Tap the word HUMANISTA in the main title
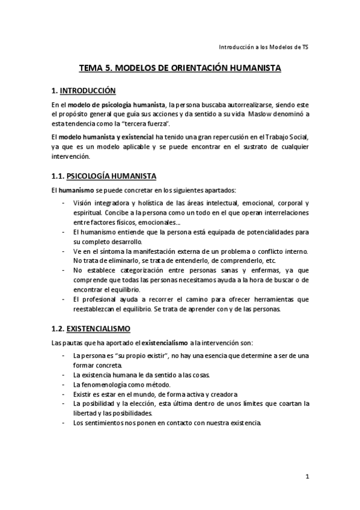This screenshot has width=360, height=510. [x=250, y=69]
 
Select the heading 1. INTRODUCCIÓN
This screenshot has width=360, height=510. [x=83, y=91]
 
